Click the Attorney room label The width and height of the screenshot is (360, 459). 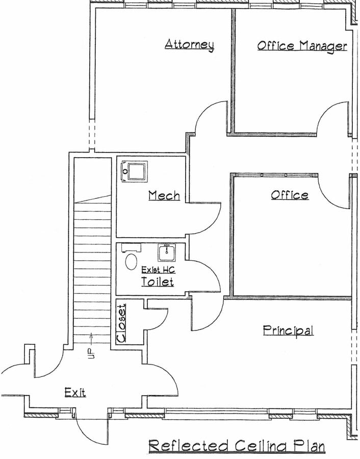point(189,44)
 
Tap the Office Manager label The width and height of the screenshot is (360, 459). point(302,46)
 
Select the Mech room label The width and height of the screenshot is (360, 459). point(164,195)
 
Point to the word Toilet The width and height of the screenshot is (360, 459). point(157,282)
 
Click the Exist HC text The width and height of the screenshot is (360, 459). point(157,269)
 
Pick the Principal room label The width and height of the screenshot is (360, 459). point(288,330)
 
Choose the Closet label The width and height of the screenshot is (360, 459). point(121,322)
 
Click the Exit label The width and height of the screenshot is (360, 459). point(75,392)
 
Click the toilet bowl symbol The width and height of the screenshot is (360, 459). point(131,261)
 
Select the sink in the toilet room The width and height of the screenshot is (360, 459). point(166,252)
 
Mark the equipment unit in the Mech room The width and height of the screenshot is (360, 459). point(134,170)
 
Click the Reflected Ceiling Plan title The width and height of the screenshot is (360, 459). point(237,446)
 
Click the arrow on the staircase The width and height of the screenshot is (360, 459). point(92,336)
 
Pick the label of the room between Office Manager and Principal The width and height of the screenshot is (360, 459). point(290,195)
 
